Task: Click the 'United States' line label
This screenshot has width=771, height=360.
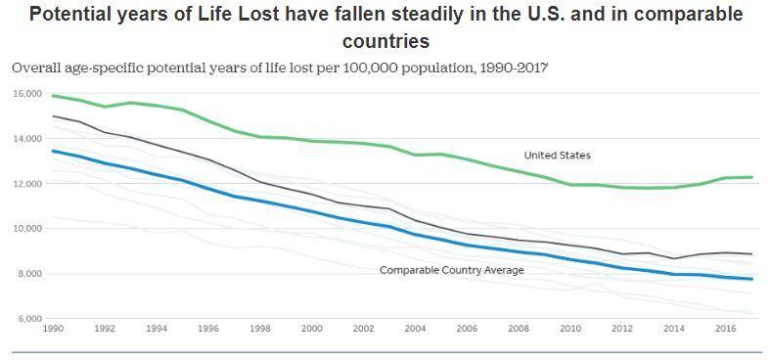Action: [557, 156]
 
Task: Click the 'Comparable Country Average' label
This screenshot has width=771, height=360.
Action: [451, 270]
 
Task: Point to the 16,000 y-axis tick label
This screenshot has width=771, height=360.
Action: [27, 94]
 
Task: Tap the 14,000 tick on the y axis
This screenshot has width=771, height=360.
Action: [27, 139]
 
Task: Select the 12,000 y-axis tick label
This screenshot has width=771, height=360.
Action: [27, 184]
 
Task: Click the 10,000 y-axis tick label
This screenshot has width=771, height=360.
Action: [27, 229]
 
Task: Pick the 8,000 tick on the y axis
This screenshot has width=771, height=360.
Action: [29, 274]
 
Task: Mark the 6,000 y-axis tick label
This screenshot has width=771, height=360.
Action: [29, 319]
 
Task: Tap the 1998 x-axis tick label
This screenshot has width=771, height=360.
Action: [259, 330]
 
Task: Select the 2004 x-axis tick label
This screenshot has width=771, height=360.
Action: [415, 330]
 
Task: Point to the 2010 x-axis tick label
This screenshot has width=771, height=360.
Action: [570, 330]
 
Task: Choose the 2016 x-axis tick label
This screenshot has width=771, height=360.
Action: [725, 330]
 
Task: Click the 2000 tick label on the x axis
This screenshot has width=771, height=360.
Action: [311, 330]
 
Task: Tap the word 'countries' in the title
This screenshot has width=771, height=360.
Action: [385, 41]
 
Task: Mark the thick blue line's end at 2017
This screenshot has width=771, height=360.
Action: [750, 280]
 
